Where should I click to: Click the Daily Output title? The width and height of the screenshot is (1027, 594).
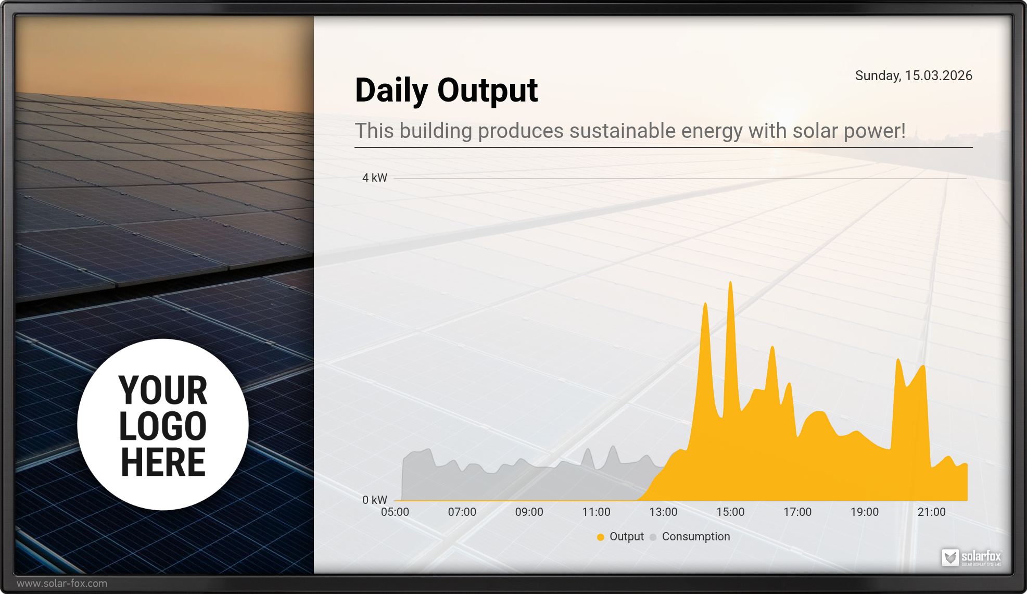[446, 91]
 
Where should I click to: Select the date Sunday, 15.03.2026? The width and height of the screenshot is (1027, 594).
[914, 76]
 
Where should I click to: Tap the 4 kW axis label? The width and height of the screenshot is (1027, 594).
[375, 178]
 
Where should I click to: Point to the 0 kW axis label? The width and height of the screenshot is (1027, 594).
[375, 500]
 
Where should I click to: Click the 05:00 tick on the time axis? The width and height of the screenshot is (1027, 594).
[395, 512]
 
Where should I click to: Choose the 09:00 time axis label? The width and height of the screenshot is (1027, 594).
[529, 512]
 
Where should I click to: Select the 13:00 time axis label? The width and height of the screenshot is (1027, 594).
[664, 512]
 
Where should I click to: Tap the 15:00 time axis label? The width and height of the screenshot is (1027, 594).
[731, 512]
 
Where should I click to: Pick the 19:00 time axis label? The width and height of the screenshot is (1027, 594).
[865, 512]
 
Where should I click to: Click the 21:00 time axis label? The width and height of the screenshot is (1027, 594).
[932, 512]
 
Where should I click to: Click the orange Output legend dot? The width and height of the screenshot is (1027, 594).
[601, 537]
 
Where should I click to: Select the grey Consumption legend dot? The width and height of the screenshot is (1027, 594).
[653, 537]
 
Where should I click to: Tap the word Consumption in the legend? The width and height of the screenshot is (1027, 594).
[696, 537]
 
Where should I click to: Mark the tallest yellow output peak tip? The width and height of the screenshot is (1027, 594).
[731, 282]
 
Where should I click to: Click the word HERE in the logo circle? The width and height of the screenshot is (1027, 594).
[163, 462]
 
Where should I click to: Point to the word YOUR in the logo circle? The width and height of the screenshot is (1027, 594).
[163, 390]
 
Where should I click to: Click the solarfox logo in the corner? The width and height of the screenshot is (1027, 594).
[971, 557]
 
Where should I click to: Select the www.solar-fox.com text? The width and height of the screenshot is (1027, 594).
[62, 584]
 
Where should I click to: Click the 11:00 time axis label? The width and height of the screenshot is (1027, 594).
[597, 512]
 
